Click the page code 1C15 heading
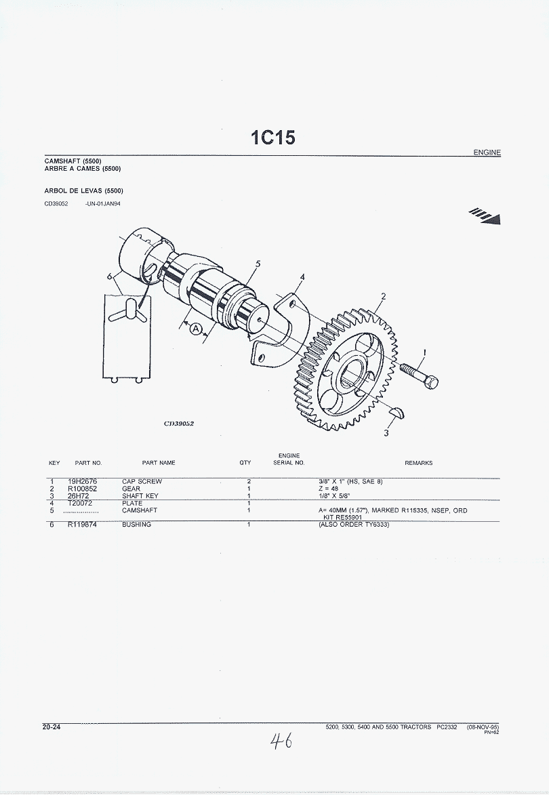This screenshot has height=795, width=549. tap(272, 138)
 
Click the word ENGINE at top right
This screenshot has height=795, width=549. tap(487, 152)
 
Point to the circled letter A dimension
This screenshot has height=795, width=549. tap(196, 329)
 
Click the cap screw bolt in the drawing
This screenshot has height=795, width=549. tap(419, 375)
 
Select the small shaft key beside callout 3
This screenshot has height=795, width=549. tap(397, 411)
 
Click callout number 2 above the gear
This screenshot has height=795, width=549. tap(383, 297)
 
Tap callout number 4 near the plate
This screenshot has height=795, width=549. tap(303, 277)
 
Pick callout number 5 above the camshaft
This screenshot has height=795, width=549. tap(258, 264)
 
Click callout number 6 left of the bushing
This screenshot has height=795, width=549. tap(109, 277)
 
